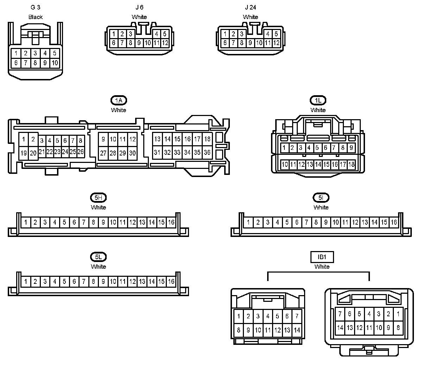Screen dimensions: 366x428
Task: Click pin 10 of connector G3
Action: (x=55, y=63)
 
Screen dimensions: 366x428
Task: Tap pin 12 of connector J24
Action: (x=276, y=43)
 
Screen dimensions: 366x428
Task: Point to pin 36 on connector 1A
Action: (x=207, y=153)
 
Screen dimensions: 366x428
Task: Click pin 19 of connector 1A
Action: (x=24, y=153)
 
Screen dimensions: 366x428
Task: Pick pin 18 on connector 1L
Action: (x=351, y=164)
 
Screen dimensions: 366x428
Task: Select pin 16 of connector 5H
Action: (x=171, y=222)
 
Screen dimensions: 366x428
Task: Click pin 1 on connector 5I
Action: (x=248, y=222)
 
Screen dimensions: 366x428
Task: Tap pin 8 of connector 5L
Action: (x=93, y=282)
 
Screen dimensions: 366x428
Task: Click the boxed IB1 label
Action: (x=322, y=257)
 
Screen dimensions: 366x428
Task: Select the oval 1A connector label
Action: (x=119, y=100)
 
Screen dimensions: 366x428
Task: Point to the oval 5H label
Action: (x=98, y=198)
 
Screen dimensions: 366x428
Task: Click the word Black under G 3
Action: (x=36, y=17)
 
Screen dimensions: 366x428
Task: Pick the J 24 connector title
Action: (x=250, y=7)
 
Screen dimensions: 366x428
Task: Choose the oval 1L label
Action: (x=318, y=100)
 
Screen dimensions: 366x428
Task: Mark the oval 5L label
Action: (x=98, y=257)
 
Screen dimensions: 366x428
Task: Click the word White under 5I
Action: (x=321, y=207)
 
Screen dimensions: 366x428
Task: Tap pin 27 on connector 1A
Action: (x=103, y=153)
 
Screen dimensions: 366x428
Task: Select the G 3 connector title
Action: (x=36, y=7)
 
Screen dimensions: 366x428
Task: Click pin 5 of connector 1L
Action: (x=317, y=148)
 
